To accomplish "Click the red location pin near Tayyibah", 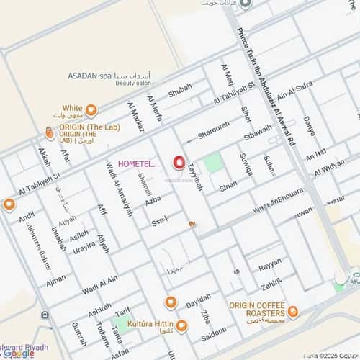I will (179, 161).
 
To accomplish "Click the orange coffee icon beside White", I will (91, 110).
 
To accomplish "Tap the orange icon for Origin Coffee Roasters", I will (293, 311).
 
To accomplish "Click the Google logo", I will (17, 354).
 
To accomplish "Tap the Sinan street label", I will (228, 185).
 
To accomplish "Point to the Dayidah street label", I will (199, 298).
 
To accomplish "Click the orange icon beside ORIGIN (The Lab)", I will (49, 132).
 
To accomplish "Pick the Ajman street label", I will (55, 276).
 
